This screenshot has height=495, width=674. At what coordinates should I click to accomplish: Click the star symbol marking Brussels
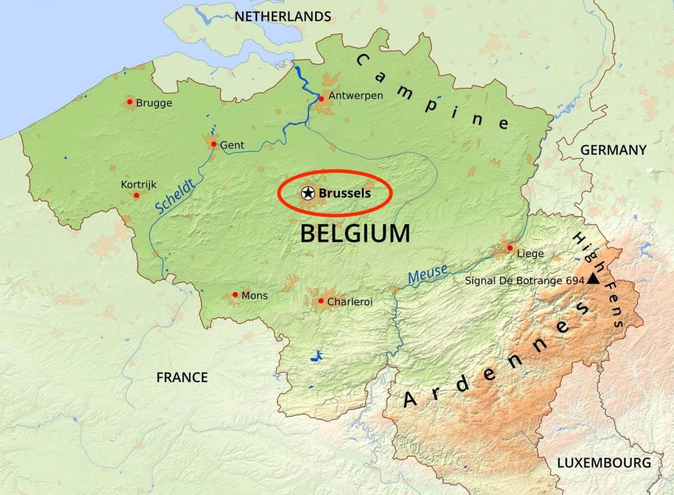307,193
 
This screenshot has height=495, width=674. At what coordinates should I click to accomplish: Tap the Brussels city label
345,193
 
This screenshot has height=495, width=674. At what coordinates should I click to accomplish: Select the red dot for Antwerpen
321,99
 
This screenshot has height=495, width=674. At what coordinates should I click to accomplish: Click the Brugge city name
154,103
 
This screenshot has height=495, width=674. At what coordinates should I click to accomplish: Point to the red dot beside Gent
214,144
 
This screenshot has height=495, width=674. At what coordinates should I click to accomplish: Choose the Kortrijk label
139,184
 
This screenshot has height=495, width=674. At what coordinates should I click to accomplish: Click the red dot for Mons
235,295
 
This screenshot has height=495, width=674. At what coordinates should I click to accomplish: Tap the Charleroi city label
349,302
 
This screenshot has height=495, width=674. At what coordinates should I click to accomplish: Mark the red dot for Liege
510,247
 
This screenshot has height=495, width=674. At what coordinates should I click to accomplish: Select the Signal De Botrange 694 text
525,280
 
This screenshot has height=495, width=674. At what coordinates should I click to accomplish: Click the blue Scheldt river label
175,196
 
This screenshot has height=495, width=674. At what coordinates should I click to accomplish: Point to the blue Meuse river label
428,274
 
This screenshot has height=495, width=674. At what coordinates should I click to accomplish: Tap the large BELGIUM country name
355,233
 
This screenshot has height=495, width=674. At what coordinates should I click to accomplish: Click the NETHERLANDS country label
283,17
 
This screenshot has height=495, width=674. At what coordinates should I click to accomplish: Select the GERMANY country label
613,150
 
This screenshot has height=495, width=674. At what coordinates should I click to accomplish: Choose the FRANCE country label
182,377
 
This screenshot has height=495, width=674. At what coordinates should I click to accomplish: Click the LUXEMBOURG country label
604,462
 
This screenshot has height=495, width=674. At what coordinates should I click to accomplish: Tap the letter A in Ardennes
411,400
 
